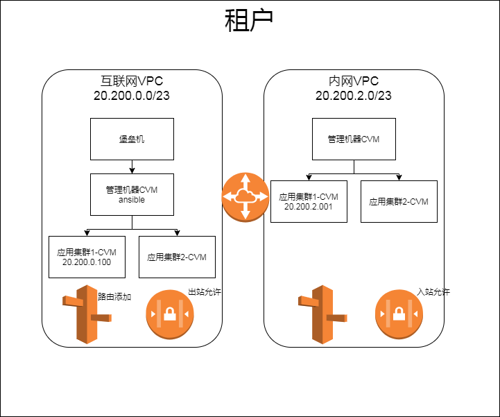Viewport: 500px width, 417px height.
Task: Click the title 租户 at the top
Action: tap(250, 22)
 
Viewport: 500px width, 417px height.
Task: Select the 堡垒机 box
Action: tap(132, 139)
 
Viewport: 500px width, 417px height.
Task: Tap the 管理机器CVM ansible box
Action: tap(132, 194)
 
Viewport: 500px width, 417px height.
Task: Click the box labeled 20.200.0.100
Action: tap(87, 257)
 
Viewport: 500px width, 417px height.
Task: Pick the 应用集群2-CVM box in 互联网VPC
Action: tap(177, 257)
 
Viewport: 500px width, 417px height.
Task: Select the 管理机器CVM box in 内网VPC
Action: tap(354, 139)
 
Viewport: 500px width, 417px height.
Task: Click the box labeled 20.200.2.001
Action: tap(309, 201)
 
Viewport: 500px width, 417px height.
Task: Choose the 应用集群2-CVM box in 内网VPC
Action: tap(399, 201)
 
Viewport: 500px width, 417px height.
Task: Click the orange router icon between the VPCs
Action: tap(245, 196)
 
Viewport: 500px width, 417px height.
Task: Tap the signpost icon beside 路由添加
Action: tap(86, 314)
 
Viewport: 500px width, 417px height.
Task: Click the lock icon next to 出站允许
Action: tap(169, 314)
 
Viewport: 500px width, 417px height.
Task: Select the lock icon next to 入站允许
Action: tap(399, 314)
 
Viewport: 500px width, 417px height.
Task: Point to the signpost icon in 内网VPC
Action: tap(322, 314)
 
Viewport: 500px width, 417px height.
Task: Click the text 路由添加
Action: tap(115, 296)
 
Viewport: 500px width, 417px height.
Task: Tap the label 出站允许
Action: tap(205, 292)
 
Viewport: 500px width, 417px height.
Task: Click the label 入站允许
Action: tap(433, 292)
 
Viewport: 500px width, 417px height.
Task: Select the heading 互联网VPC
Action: tap(132, 80)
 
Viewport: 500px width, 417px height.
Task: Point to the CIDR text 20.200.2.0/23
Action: tap(354, 96)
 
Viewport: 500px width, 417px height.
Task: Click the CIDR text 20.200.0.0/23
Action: tap(132, 96)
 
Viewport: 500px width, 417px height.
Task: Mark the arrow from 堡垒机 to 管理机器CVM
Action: tap(132, 167)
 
